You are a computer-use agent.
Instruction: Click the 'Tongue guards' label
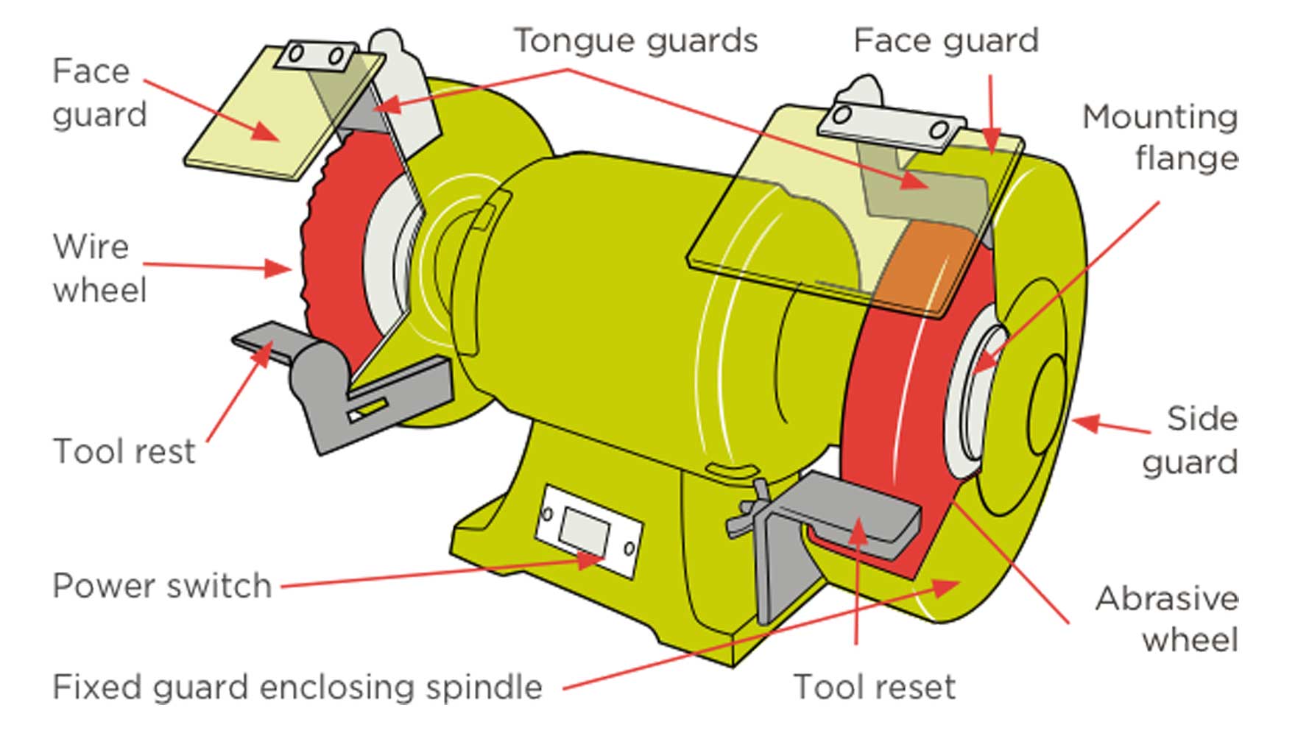pos(635,40)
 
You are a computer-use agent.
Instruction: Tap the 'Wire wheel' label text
pos(99,268)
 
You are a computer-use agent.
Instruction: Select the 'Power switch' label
pos(162,587)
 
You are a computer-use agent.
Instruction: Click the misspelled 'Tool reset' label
pos(875,687)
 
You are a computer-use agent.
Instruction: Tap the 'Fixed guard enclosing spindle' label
pos(297,687)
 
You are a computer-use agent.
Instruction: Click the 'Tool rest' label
pos(124,451)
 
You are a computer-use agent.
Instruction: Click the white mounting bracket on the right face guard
pos(892,124)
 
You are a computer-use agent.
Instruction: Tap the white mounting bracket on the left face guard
pos(316,55)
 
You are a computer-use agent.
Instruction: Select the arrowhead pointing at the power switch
pos(590,560)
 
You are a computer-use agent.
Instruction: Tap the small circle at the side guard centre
pos(1045,405)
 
